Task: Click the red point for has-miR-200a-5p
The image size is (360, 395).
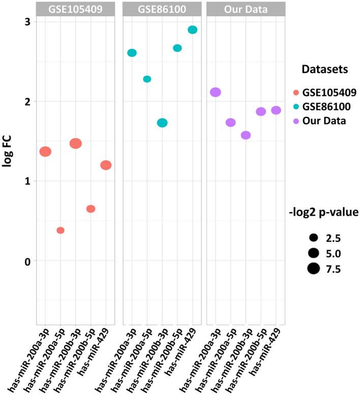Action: (61, 230)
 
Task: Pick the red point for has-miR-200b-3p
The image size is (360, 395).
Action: (76, 143)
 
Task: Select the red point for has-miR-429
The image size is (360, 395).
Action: (106, 165)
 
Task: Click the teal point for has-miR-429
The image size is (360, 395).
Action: (192, 29)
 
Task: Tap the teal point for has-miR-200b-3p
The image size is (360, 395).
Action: (162, 123)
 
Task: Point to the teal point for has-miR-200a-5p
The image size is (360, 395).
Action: (147, 79)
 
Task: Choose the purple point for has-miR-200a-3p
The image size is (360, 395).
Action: (215, 92)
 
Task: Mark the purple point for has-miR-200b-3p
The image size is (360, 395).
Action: (246, 135)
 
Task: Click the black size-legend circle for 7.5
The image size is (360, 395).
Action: (313, 268)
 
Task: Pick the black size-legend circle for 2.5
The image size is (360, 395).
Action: (313, 237)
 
